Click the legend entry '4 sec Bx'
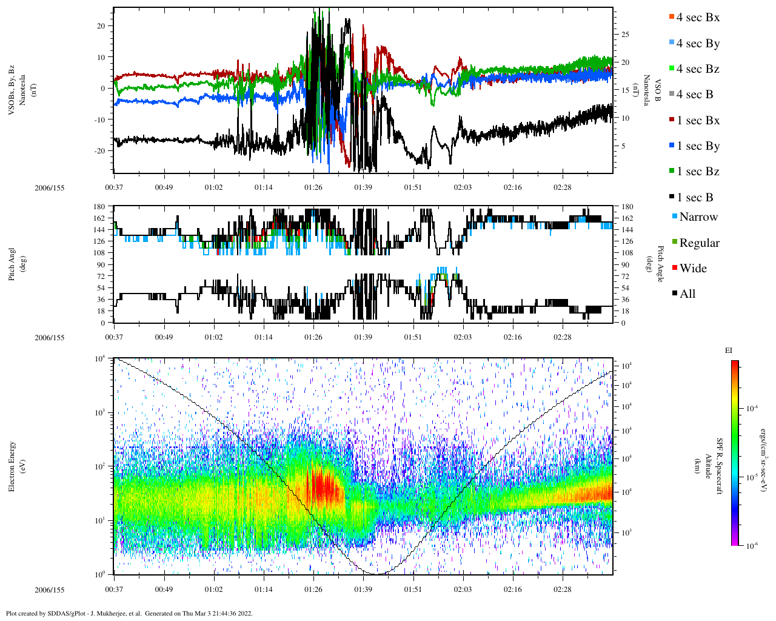tap(698, 18)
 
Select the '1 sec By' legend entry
tap(698, 146)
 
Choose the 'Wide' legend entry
tap(693, 269)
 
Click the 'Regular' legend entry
tap(699, 243)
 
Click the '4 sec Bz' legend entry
tap(698, 69)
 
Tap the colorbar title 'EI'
tap(729, 351)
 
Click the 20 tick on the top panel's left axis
tap(100, 26)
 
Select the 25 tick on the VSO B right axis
tap(625, 35)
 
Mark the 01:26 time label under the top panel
tap(313, 187)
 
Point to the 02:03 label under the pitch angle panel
tap(463, 337)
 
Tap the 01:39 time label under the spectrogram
tap(363, 589)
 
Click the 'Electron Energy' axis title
tap(12, 466)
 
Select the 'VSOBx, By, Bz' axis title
tap(12, 89)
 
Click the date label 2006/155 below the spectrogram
tap(49, 589)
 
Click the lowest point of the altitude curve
tap(375, 574)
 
